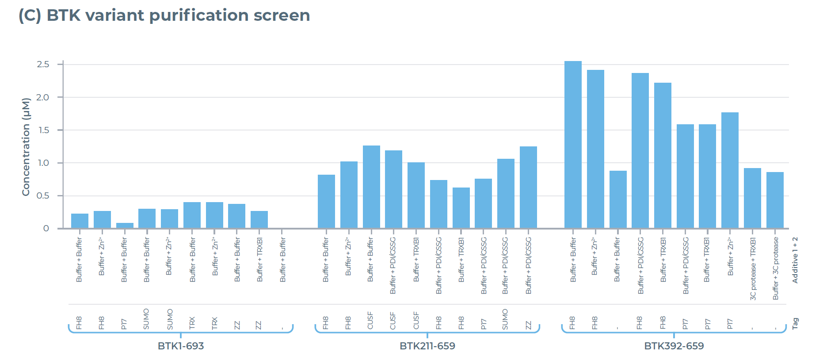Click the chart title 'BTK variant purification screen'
coord(178,15)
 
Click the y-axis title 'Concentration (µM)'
coord(26,147)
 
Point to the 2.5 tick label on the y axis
coord(43,65)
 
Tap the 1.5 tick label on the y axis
coord(43,130)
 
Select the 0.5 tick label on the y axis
coord(43,195)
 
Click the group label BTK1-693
coord(181,346)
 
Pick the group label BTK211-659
coord(427,346)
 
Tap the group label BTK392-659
coord(674,346)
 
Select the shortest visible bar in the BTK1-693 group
coord(125,226)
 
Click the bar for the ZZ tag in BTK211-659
coord(528,188)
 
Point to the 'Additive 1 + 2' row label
coord(795,260)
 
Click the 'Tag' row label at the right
coord(795,323)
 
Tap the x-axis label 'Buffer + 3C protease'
coord(775,268)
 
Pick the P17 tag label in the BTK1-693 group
coord(124,324)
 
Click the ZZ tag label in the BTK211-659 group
coord(528,325)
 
